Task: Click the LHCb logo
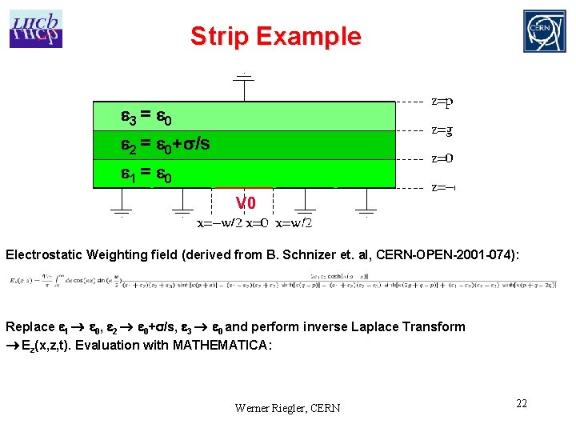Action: (x=36, y=29)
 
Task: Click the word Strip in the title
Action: (x=221, y=36)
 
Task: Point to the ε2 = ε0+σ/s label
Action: (x=166, y=145)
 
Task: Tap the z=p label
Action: (x=442, y=102)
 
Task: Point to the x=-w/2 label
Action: (x=219, y=222)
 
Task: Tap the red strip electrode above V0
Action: (x=244, y=188)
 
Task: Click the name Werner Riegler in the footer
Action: (x=267, y=408)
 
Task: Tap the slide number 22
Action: (x=522, y=402)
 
